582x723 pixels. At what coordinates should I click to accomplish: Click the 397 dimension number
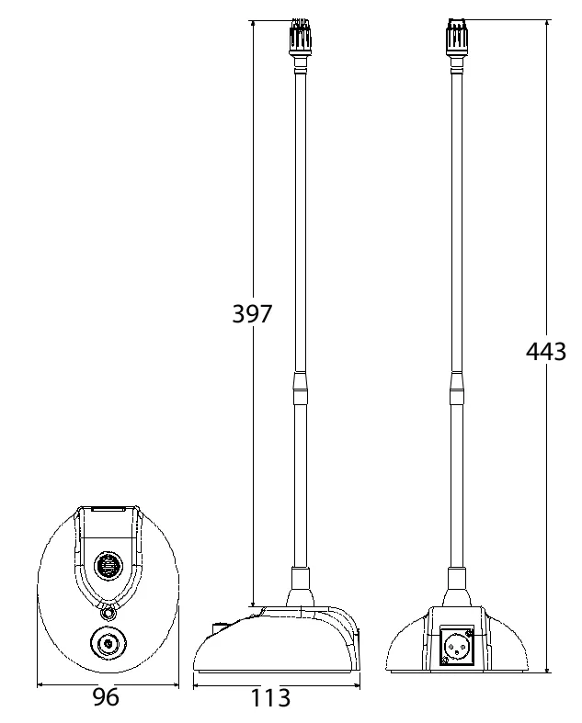[x=252, y=313]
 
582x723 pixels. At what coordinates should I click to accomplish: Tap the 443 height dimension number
[x=546, y=351]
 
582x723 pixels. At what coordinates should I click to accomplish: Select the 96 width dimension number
[x=106, y=696]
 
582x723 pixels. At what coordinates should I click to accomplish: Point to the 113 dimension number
[x=270, y=697]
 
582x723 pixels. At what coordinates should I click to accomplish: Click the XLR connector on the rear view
[x=456, y=646]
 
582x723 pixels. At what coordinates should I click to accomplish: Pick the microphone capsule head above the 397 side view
[x=299, y=38]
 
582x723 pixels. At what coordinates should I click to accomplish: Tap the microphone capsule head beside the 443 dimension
[x=456, y=38]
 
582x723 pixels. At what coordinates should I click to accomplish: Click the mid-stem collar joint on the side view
[x=300, y=389]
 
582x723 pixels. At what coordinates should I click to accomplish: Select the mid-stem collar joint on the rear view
[x=456, y=389]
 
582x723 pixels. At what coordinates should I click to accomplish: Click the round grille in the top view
[x=108, y=565]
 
